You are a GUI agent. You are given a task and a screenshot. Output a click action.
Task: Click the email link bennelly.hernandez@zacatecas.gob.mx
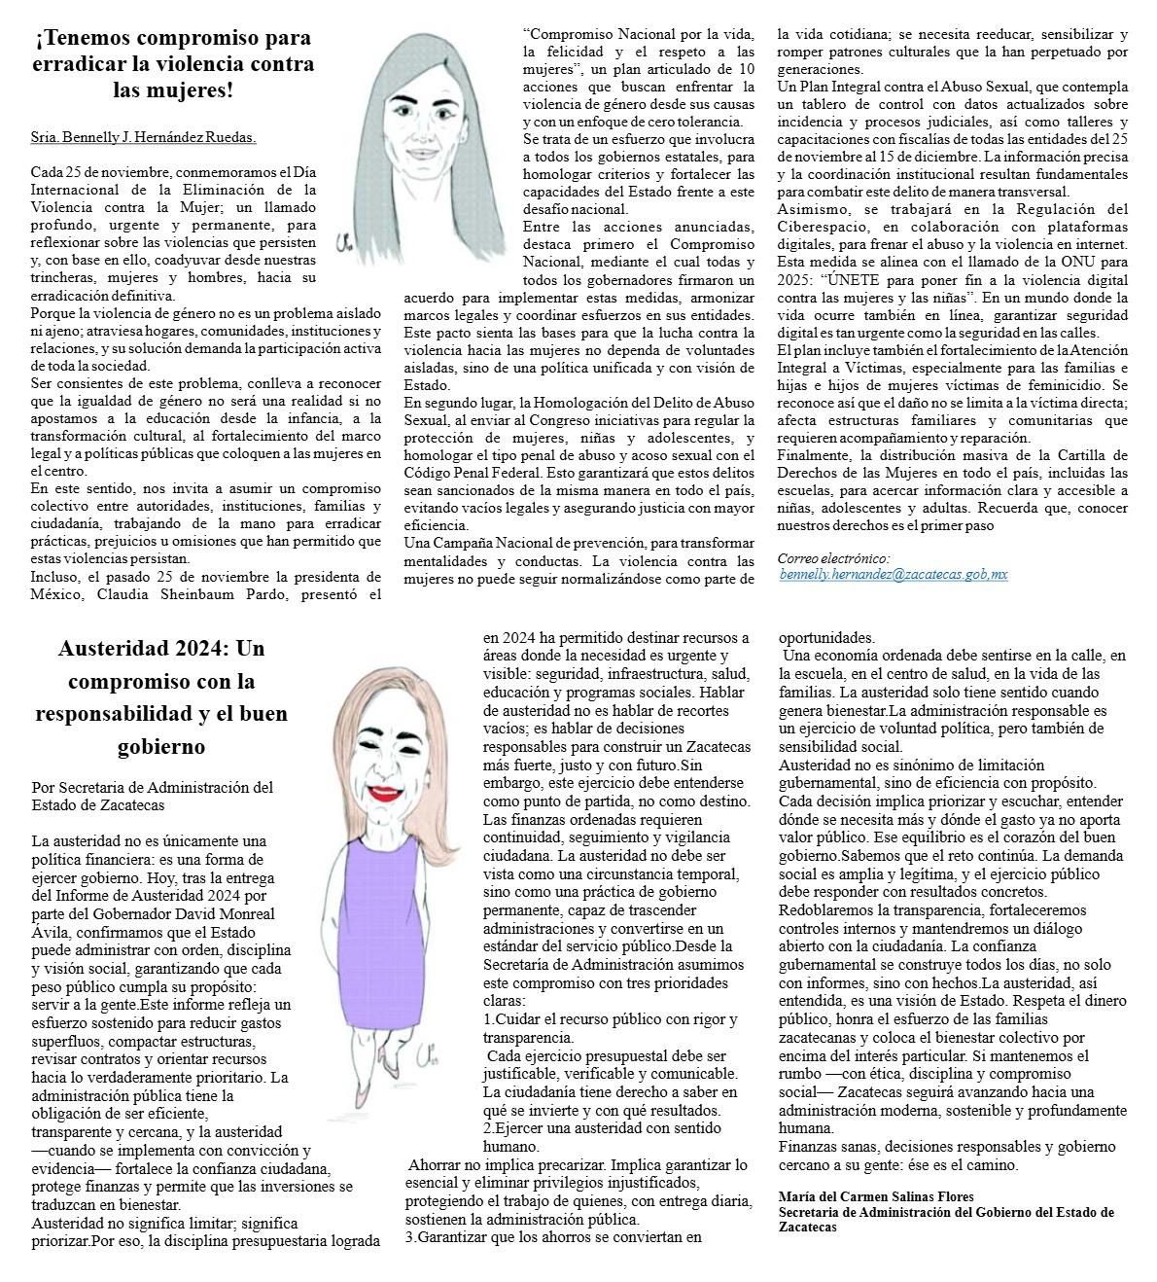click(x=894, y=575)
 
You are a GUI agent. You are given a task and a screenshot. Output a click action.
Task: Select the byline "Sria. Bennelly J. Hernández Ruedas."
click(x=143, y=138)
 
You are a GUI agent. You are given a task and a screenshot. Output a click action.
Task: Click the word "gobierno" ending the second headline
click(x=160, y=746)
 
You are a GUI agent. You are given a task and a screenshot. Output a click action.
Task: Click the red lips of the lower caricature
click(x=385, y=792)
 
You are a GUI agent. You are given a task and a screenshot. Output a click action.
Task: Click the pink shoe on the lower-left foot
click(x=363, y=1096)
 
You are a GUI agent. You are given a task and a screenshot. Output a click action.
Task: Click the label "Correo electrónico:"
click(x=833, y=558)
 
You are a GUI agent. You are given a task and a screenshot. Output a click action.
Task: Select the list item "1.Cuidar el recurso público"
click(x=610, y=1018)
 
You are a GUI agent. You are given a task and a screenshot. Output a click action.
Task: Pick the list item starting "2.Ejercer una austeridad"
click(x=601, y=1128)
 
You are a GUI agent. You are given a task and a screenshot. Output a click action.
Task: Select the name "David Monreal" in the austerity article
click(x=228, y=913)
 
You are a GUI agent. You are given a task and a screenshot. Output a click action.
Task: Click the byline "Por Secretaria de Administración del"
click(x=153, y=787)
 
